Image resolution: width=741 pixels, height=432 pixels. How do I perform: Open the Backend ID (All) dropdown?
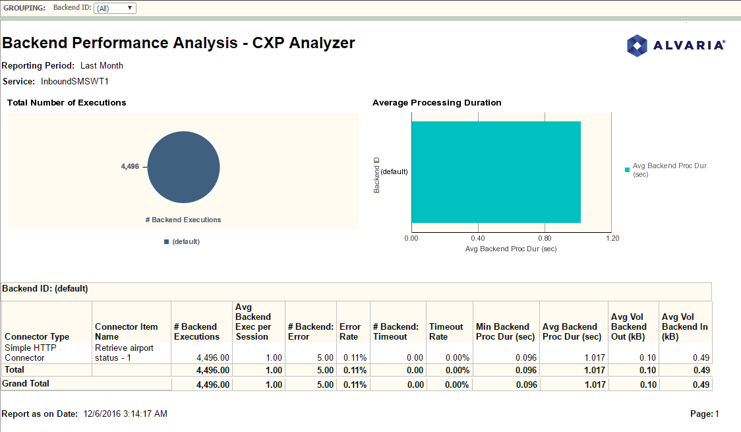pos(115,9)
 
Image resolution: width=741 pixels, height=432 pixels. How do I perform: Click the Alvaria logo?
pos(675,46)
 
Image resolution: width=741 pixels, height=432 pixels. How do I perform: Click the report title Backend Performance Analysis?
pos(179,44)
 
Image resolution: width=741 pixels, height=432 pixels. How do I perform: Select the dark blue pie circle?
pos(183,167)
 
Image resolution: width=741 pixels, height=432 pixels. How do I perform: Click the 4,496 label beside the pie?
pos(130,167)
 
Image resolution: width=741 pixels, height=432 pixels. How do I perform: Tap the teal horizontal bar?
pos(496,172)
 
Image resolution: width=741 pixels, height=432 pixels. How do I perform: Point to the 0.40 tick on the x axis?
pos(478,238)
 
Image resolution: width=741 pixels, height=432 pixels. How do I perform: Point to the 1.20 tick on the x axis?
pos(612,238)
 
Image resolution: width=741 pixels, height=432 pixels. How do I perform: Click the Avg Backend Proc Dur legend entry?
pos(668,170)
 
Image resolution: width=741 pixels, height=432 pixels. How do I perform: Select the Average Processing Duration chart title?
pos(436,103)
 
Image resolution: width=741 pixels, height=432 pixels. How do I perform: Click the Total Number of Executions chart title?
pos(67,103)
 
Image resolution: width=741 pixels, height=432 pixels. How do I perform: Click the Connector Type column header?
pos(37,336)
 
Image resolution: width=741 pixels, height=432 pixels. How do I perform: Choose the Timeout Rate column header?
pos(446,331)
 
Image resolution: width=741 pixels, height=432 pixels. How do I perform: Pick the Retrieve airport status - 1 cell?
pos(124,353)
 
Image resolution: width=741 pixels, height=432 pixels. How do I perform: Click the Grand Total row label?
pos(26,383)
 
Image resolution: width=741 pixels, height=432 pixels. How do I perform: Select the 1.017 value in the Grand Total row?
pos(591,385)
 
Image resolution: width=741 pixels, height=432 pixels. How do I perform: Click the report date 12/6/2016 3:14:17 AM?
pos(125,414)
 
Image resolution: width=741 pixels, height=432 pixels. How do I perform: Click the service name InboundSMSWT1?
pos(74,82)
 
